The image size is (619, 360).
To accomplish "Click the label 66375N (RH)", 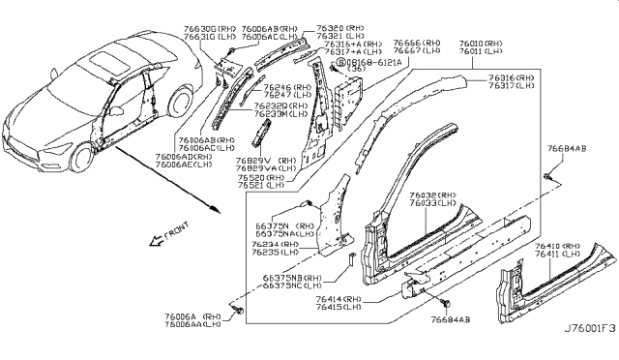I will pyautogui.click(x=279, y=225).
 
